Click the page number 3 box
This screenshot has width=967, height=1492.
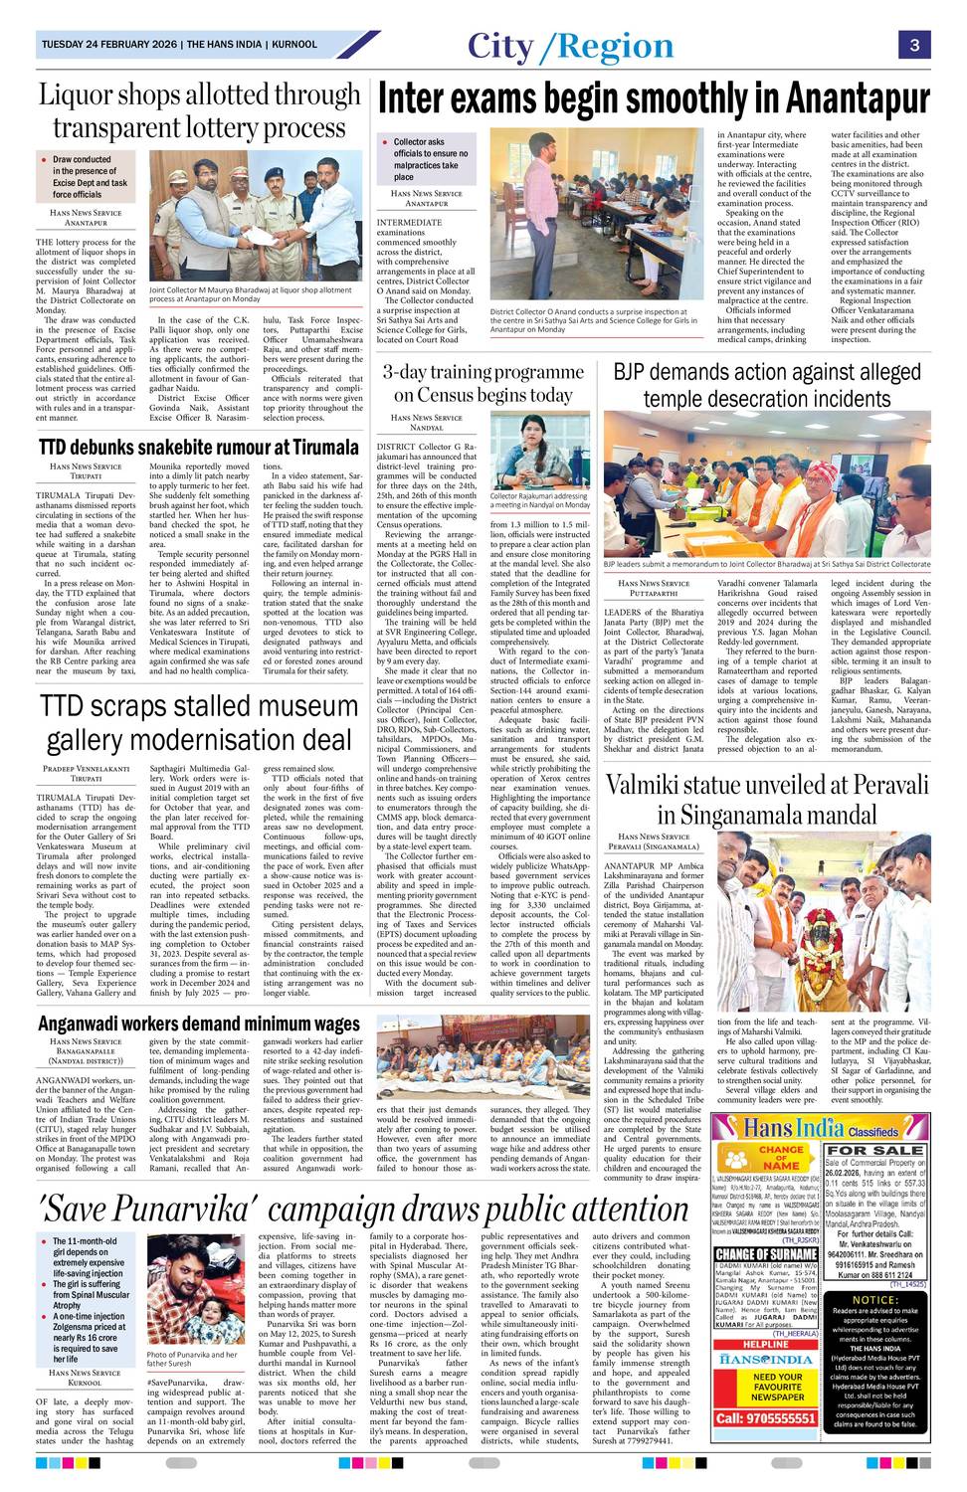pos(913,45)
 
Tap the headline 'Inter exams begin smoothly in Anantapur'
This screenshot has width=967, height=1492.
pos(654,100)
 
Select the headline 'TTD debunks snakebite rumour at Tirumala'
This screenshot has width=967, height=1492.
pos(198,446)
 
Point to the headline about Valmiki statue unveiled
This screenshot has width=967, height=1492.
pos(767,799)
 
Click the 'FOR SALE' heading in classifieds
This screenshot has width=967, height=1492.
pos(874,1150)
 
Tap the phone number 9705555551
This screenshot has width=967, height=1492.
pos(765,1417)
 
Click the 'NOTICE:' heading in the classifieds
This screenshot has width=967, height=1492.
pos(875,1300)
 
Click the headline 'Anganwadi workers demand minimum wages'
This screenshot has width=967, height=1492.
pos(199,1024)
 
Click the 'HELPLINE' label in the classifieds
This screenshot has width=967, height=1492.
pos(766,1344)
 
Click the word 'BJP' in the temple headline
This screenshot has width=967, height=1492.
pos(633,373)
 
